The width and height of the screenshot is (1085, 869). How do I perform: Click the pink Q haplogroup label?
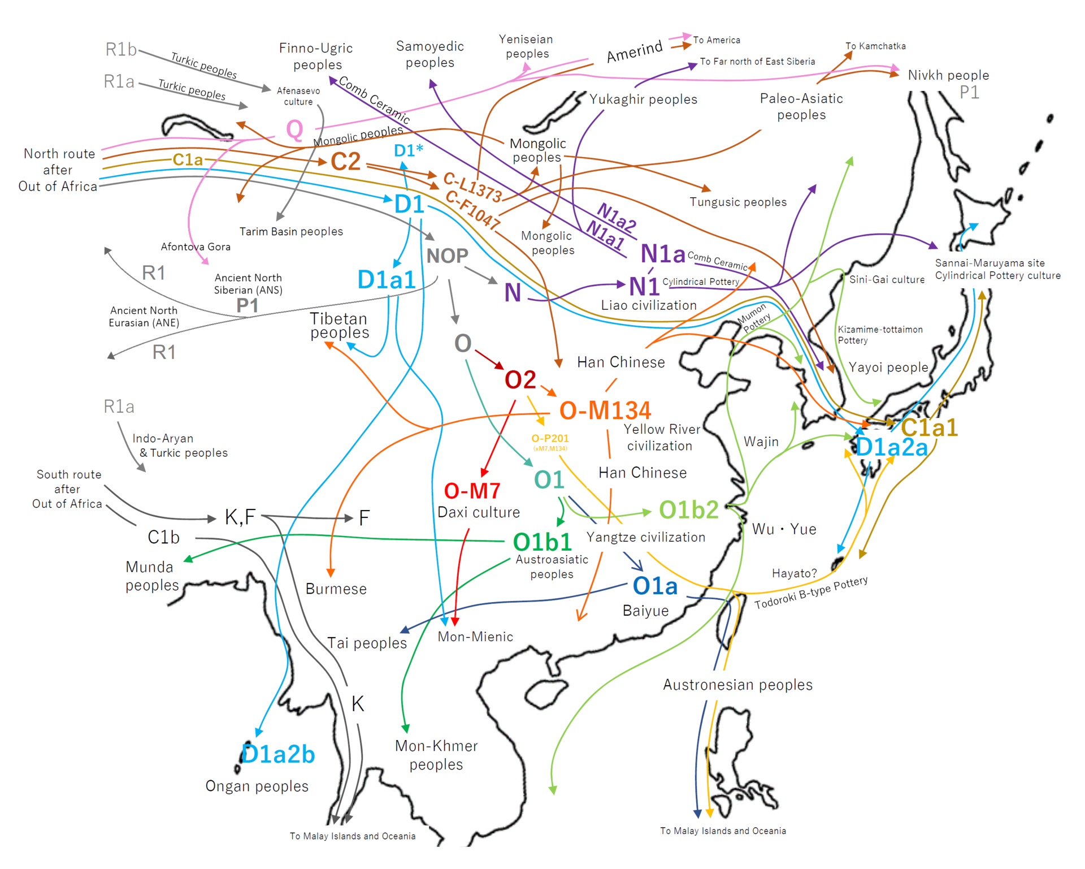point(294,129)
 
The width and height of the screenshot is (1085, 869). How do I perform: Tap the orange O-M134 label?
point(605,410)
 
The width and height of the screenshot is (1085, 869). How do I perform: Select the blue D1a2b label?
point(278,754)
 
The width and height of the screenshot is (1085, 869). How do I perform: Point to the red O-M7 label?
point(472,491)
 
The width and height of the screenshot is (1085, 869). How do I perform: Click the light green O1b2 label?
point(689,510)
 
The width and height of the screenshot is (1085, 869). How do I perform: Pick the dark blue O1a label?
point(655,586)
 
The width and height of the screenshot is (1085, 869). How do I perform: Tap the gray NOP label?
point(447,256)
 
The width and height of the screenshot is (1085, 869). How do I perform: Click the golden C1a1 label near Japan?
point(929,427)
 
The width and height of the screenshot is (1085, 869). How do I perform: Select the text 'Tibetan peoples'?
point(340,326)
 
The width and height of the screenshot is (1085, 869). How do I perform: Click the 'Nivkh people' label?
point(948,75)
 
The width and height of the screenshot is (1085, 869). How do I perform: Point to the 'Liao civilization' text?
point(649,305)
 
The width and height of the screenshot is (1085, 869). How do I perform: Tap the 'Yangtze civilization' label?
point(646,537)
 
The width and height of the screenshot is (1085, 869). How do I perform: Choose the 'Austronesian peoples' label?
point(737,685)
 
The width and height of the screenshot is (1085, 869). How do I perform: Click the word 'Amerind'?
point(635,51)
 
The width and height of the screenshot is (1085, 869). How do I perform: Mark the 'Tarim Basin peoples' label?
point(291,231)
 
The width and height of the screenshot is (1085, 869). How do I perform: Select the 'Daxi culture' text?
point(479,512)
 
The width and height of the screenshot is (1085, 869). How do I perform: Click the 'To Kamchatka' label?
point(875,46)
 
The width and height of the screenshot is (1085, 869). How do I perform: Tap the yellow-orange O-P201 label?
point(550,438)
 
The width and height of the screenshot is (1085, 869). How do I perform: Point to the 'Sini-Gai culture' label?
point(887,279)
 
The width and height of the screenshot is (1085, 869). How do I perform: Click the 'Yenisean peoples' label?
point(526,46)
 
